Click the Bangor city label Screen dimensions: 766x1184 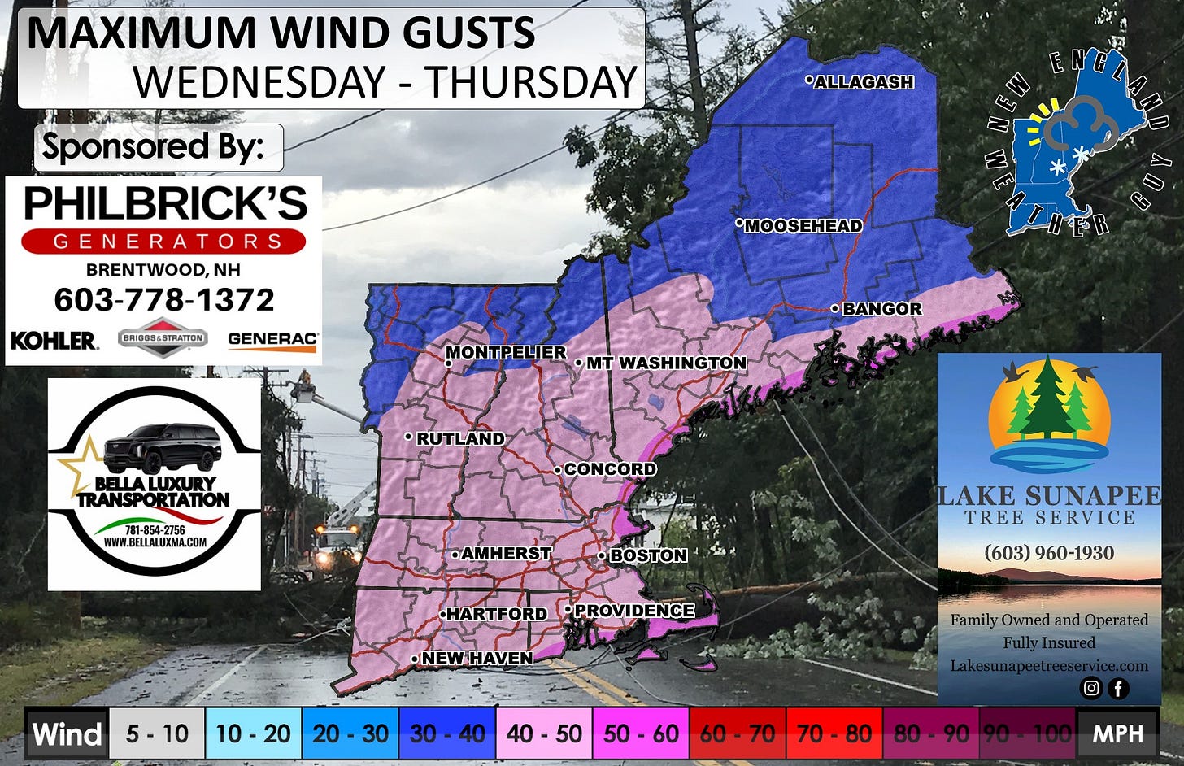click(x=881, y=309)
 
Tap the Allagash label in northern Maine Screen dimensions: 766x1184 click(x=864, y=82)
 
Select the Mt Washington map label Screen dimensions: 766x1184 click(x=666, y=363)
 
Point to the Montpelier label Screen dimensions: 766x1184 click(x=506, y=352)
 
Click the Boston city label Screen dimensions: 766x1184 click(x=648, y=555)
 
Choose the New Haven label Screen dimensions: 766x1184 click(x=477, y=658)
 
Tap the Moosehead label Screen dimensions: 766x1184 click(x=803, y=226)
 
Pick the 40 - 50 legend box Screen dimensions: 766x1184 click(x=544, y=733)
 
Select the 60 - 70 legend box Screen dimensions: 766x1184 click(x=738, y=733)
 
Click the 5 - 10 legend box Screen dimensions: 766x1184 click(x=157, y=733)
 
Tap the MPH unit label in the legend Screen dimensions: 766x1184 click(x=1117, y=733)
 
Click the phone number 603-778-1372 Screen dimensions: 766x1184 click(x=164, y=300)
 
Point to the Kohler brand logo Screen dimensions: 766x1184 click(x=54, y=340)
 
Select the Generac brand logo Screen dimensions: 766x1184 click(x=272, y=340)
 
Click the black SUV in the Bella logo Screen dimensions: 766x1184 click(x=163, y=446)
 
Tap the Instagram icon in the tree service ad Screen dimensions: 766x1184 click(x=1090, y=688)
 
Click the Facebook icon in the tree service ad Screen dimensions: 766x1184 click(x=1118, y=689)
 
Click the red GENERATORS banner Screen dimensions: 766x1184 click(x=163, y=242)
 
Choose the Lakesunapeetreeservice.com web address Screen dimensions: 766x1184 click(x=1049, y=665)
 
